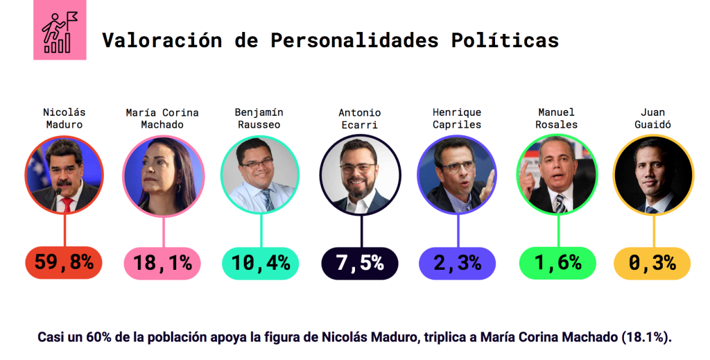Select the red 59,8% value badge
tap(64, 264)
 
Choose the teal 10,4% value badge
tap(260, 264)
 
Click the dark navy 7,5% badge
tap(359, 264)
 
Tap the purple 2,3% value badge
tap(457, 264)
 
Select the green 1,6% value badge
tap(557, 264)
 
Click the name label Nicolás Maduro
tap(63, 118)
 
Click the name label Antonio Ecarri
tap(359, 119)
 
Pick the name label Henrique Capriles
tap(457, 118)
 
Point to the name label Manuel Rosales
tap(557, 118)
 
